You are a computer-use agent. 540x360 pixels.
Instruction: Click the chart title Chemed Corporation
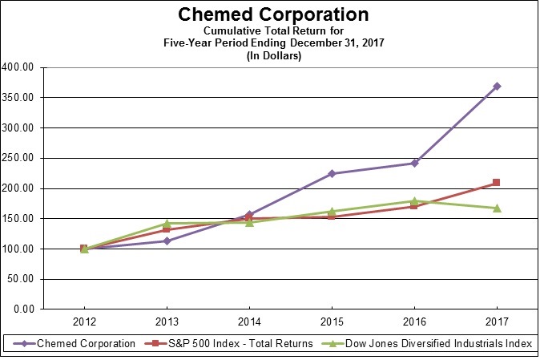[x=274, y=15]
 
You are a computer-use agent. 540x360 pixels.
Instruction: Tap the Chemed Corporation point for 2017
[x=497, y=86]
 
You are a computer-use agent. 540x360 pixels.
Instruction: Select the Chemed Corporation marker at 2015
[x=332, y=173]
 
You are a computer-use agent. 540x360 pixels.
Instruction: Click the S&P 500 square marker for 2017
[x=497, y=183]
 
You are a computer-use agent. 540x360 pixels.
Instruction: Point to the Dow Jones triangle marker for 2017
[x=497, y=208]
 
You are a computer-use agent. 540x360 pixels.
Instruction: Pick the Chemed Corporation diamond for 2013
[x=167, y=241]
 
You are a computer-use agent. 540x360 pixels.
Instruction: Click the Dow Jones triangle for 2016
[x=414, y=200]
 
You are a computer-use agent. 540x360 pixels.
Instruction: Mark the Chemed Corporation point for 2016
[x=414, y=163]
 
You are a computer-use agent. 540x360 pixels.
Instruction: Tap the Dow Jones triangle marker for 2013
[x=167, y=224]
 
